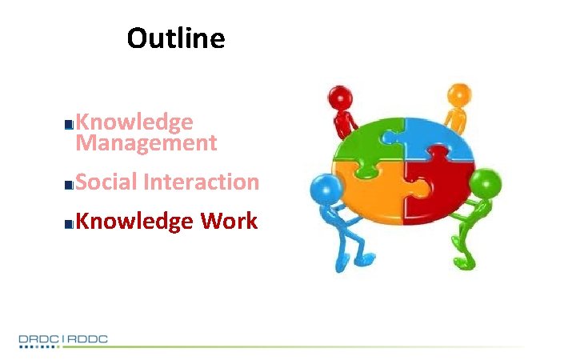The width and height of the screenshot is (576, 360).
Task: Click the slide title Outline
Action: click(176, 38)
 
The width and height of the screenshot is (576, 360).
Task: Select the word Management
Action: click(146, 143)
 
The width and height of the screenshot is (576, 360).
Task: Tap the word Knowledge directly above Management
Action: click(134, 122)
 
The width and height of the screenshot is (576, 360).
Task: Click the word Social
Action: click(106, 182)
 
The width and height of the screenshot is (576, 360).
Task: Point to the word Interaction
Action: click(202, 182)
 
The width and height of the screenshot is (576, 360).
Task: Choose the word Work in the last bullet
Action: click(229, 222)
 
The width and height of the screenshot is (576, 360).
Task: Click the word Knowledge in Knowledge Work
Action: click(134, 222)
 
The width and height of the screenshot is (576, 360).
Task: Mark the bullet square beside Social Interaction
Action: click(70, 185)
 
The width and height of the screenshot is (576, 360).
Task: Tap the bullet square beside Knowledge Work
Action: click(70, 224)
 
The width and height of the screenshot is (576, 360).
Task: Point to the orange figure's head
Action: click(458, 94)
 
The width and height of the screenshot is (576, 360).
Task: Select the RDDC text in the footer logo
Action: click(87, 339)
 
